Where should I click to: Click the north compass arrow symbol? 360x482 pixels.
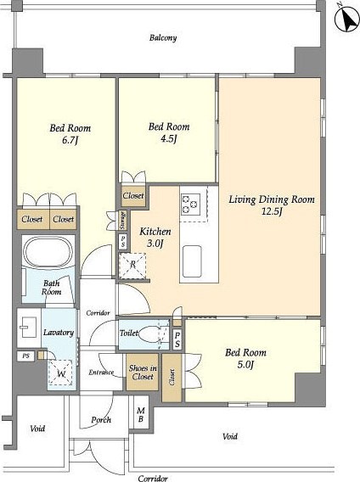[x=347, y=19]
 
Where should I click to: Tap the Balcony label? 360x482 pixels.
[x=163, y=38]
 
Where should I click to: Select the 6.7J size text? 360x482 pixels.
[x=70, y=140]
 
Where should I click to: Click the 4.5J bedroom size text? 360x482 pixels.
[x=169, y=139]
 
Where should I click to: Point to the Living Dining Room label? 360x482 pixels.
[x=272, y=199]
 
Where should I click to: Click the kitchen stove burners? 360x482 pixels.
[x=190, y=204]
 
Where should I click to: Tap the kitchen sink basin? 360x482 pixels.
[x=192, y=261]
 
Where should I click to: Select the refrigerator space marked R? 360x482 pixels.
[x=132, y=266]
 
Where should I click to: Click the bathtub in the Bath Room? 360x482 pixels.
[x=48, y=253]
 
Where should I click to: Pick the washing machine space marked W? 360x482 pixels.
[x=61, y=373]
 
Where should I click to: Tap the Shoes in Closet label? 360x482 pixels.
[x=143, y=373]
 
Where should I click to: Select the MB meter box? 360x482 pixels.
[x=141, y=414]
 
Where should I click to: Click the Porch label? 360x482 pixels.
[x=101, y=420]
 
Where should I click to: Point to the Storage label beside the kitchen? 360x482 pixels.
[x=123, y=220]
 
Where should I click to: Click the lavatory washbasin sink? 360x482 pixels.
[x=29, y=328]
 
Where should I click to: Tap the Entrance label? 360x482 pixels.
[x=101, y=373]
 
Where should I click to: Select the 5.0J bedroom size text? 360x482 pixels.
[x=245, y=365]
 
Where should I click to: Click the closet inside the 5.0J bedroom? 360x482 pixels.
[x=172, y=378]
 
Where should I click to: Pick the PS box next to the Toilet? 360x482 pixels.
[x=177, y=339]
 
